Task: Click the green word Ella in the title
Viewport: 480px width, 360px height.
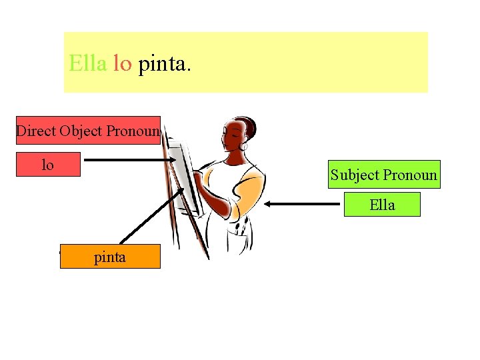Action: click(x=87, y=64)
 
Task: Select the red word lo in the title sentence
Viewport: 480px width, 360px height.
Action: click(x=122, y=64)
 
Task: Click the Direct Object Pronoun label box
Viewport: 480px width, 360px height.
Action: click(x=89, y=131)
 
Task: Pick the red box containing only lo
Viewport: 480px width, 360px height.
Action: click(x=48, y=164)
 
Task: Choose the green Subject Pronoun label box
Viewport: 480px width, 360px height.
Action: click(x=383, y=175)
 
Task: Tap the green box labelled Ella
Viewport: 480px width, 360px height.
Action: click(x=382, y=205)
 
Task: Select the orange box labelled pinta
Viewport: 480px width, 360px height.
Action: click(x=110, y=256)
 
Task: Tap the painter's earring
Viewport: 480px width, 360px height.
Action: click(x=243, y=145)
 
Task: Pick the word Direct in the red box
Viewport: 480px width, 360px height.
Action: click(x=36, y=131)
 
